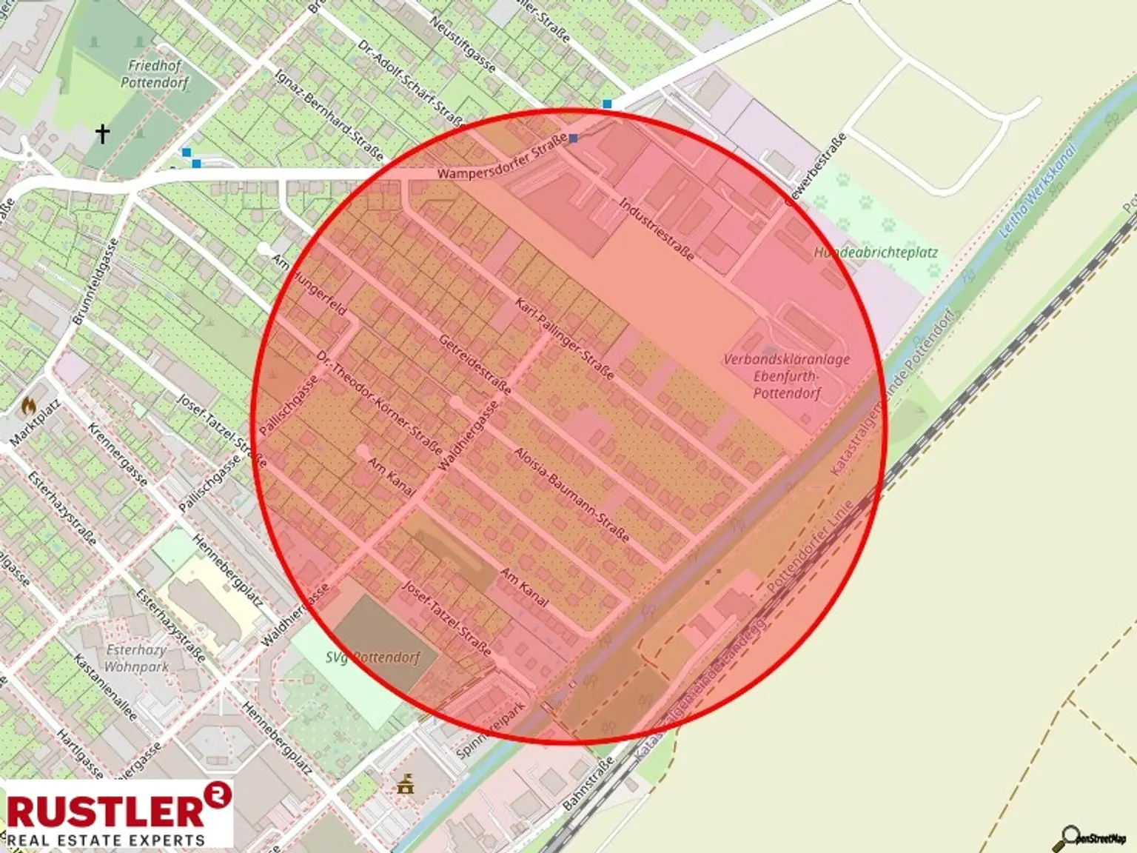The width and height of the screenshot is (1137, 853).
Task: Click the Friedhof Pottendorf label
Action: (155, 74)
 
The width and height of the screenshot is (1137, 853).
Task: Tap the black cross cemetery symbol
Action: (102, 133)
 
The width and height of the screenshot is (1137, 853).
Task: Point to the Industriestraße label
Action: (657, 229)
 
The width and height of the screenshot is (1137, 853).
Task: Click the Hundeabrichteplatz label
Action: (876, 252)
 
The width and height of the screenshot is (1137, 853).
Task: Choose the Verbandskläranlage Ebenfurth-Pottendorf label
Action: (787, 376)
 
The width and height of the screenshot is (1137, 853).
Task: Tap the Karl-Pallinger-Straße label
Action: (565, 339)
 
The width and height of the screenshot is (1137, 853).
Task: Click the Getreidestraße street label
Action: (474, 364)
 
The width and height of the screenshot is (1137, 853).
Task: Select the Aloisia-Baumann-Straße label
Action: (571, 494)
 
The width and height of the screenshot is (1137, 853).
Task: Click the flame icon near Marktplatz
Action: (29, 405)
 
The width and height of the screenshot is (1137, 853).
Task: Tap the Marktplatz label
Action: (35, 424)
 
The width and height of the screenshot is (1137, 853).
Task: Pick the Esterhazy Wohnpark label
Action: (137, 658)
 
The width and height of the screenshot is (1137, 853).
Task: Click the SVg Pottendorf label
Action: (373, 657)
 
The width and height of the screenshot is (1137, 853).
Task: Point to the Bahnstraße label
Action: (588, 783)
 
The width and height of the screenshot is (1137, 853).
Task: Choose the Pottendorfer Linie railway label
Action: (811, 545)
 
